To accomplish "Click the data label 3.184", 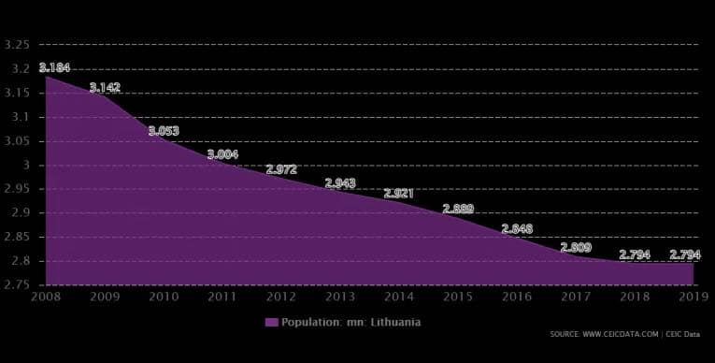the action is point(54,67).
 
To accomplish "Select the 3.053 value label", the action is point(164,131).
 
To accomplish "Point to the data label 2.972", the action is point(281,169).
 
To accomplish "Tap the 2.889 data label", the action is point(458,210).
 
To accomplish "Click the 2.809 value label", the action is point(576,248).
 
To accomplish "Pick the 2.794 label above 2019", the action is point(685,254).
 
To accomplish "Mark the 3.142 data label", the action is point(105,87).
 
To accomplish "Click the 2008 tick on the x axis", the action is point(46,297).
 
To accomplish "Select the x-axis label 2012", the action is point(281,297).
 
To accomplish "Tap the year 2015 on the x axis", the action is point(458,297).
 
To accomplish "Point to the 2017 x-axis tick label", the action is point(576,297).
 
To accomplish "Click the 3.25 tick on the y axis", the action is point(17,45).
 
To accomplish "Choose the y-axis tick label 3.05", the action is point(17,140).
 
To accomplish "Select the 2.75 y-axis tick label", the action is point(17,284).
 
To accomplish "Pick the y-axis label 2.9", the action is point(20,212).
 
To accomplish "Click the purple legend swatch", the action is point(272,323).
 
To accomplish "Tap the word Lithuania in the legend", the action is point(395,323).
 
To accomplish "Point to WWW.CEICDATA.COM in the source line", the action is point(621,334).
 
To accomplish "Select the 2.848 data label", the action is point(517,228).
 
